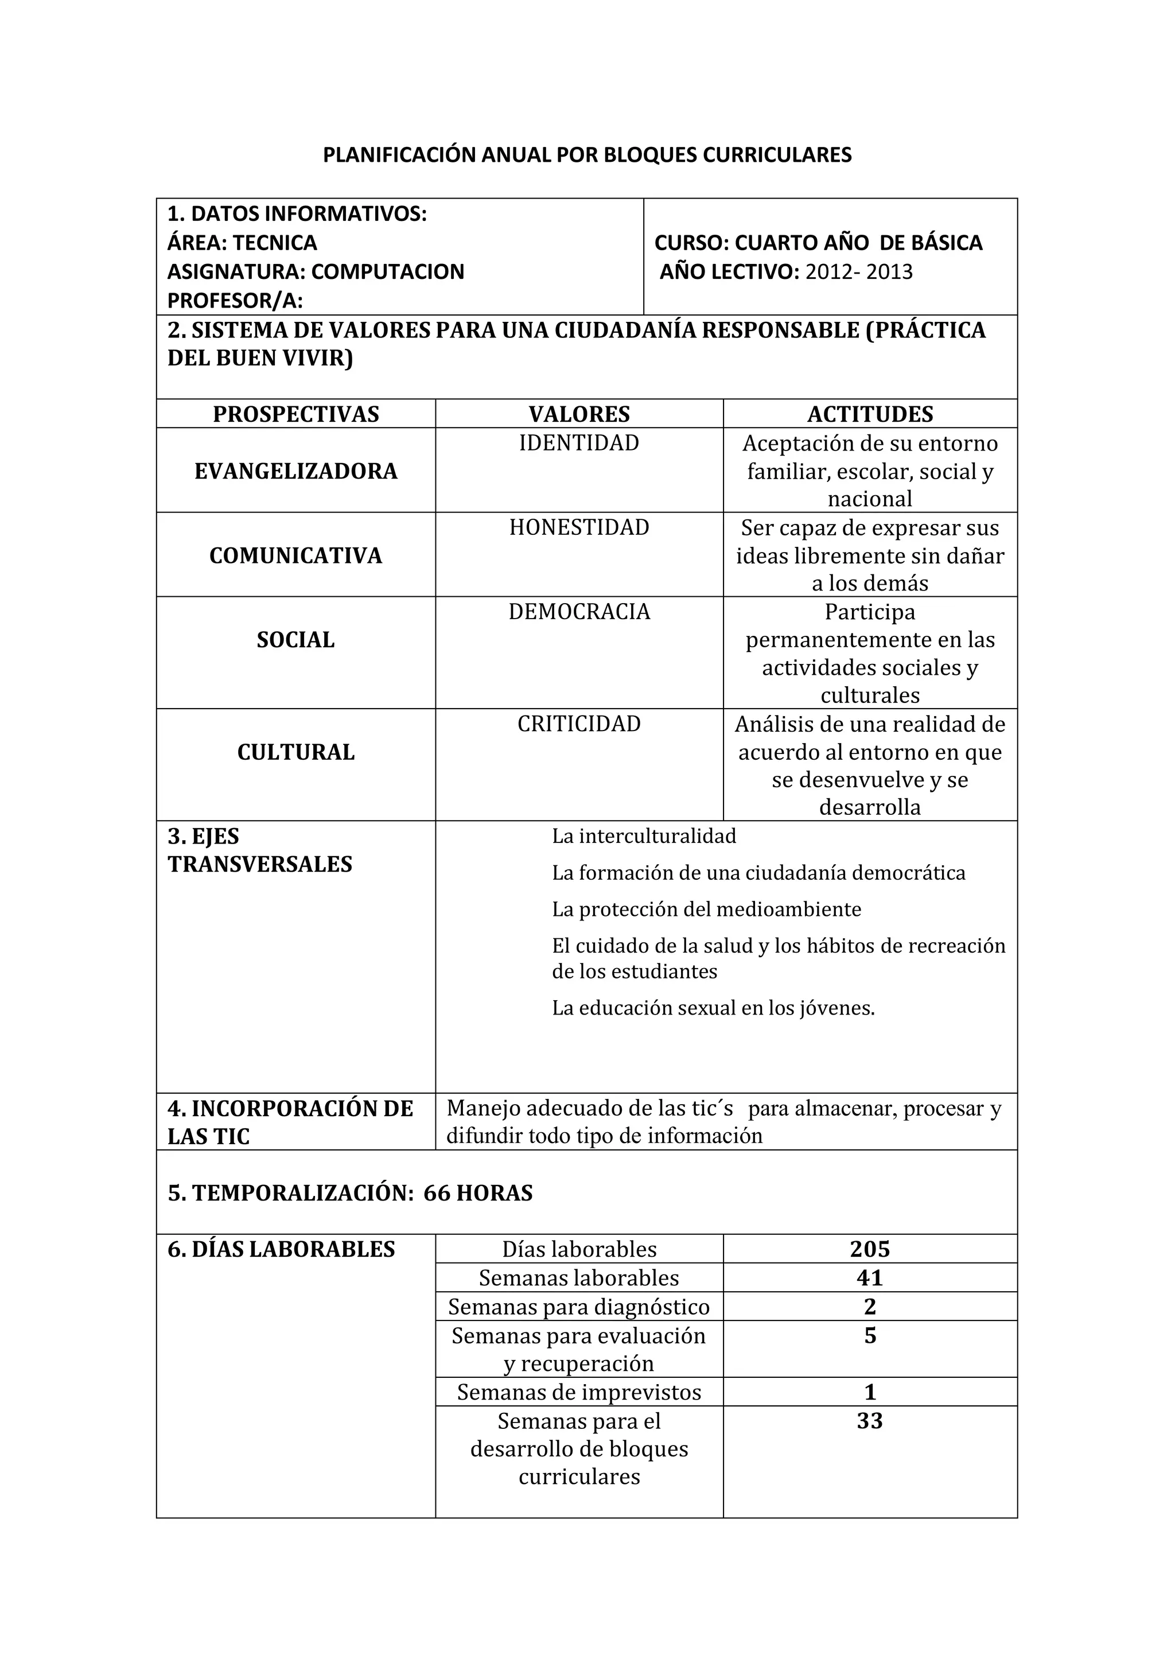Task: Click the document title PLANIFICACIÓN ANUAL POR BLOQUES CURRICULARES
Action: point(586,155)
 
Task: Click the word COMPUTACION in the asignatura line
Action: point(387,271)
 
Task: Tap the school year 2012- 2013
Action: point(859,271)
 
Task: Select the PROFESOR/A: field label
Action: point(235,300)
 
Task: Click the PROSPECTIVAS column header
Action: point(295,414)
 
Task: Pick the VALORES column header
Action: point(578,414)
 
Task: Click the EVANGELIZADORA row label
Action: point(295,471)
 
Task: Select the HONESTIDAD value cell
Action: point(578,527)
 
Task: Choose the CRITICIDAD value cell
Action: point(578,724)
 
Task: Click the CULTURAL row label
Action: point(295,752)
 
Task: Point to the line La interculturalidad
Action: point(644,836)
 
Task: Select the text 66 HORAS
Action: point(478,1193)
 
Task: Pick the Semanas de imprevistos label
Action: point(578,1392)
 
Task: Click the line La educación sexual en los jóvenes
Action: point(713,1008)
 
